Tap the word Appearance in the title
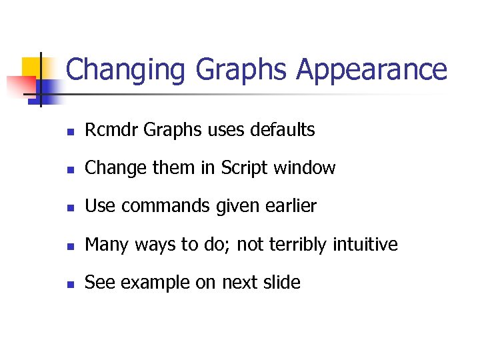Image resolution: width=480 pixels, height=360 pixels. pyautogui.click(x=371, y=70)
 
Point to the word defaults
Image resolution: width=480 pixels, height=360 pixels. pyautogui.click(x=282, y=130)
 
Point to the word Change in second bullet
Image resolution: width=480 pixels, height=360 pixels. pyautogui.click(x=108, y=168)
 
